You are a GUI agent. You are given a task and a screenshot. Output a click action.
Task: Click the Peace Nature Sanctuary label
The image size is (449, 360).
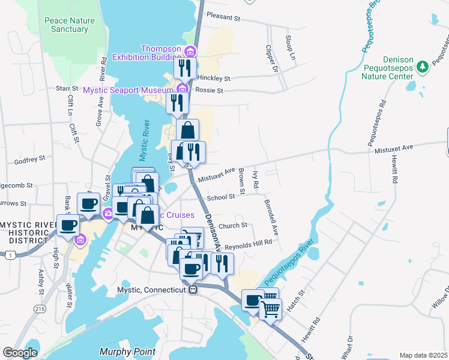(69, 25)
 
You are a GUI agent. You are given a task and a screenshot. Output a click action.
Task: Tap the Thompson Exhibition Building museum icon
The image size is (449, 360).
(191, 50)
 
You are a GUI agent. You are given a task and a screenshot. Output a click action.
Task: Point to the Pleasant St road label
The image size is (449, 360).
(223, 16)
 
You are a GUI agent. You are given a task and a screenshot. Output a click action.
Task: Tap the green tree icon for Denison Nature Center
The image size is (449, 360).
(422, 64)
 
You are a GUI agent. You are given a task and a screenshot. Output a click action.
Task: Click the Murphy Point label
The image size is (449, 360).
(128, 352)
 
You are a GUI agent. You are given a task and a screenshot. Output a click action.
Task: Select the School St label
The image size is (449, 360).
(220, 197)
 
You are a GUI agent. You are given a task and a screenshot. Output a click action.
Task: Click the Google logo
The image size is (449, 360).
(20, 352)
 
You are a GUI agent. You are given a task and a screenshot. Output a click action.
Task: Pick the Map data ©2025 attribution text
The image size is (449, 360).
(423, 355)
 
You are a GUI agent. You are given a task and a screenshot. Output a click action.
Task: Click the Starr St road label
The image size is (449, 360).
(63, 88)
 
